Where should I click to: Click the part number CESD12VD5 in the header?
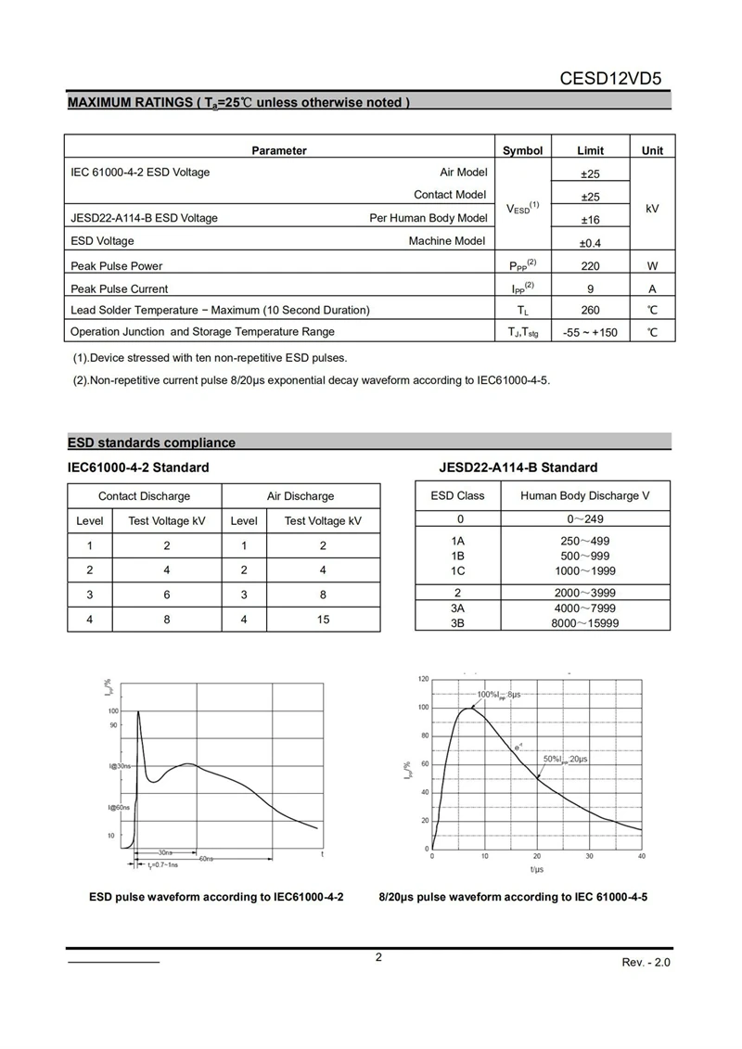click(614, 79)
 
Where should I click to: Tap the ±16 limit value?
click(590, 220)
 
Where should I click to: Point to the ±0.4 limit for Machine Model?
click(590, 242)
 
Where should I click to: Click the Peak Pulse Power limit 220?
click(590, 265)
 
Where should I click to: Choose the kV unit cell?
click(652, 209)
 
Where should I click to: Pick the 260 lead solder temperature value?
click(590, 310)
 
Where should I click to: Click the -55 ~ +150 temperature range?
click(590, 332)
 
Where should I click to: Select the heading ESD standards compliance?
click(152, 442)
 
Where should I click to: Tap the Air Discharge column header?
click(301, 496)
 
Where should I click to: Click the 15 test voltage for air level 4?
click(323, 619)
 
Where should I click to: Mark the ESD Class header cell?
click(457, 495)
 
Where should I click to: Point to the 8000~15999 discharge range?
click(584, 623)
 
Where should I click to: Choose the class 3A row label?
click(457, 608)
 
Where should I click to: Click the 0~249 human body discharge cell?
click(584, 518)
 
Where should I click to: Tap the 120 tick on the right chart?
click(423, 680)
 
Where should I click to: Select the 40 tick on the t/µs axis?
click(642, 856)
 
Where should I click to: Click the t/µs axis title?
click(537, 869)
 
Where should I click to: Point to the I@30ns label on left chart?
click(120, 766)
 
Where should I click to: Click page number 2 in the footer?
click(378, 958)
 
